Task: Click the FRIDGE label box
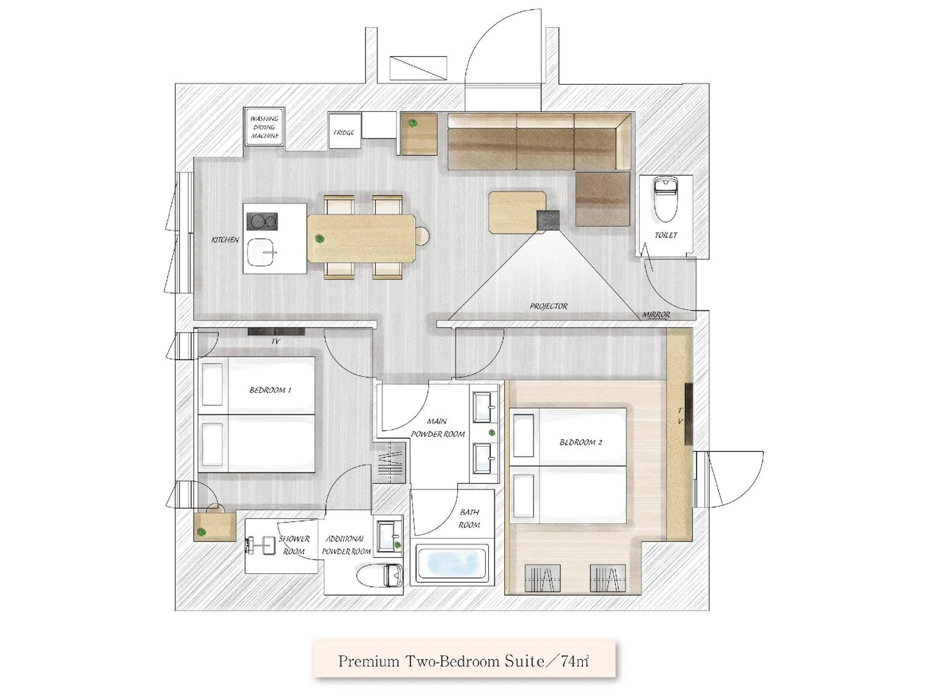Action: pos(344,131)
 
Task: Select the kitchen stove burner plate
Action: pos(262,222)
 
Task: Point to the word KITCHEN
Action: pos(225,240)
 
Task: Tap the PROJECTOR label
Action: pos(548,306)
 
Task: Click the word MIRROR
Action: pos(656,315)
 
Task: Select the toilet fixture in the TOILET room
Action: pos(666,199)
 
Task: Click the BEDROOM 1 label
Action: pos(270,390)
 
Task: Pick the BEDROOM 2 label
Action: pos(580,442)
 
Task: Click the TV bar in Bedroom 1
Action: pos(276,332)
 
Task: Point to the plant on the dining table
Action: pos(320,239)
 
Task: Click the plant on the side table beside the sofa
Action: pos(413,123)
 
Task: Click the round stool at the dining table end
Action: pos(422,236)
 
